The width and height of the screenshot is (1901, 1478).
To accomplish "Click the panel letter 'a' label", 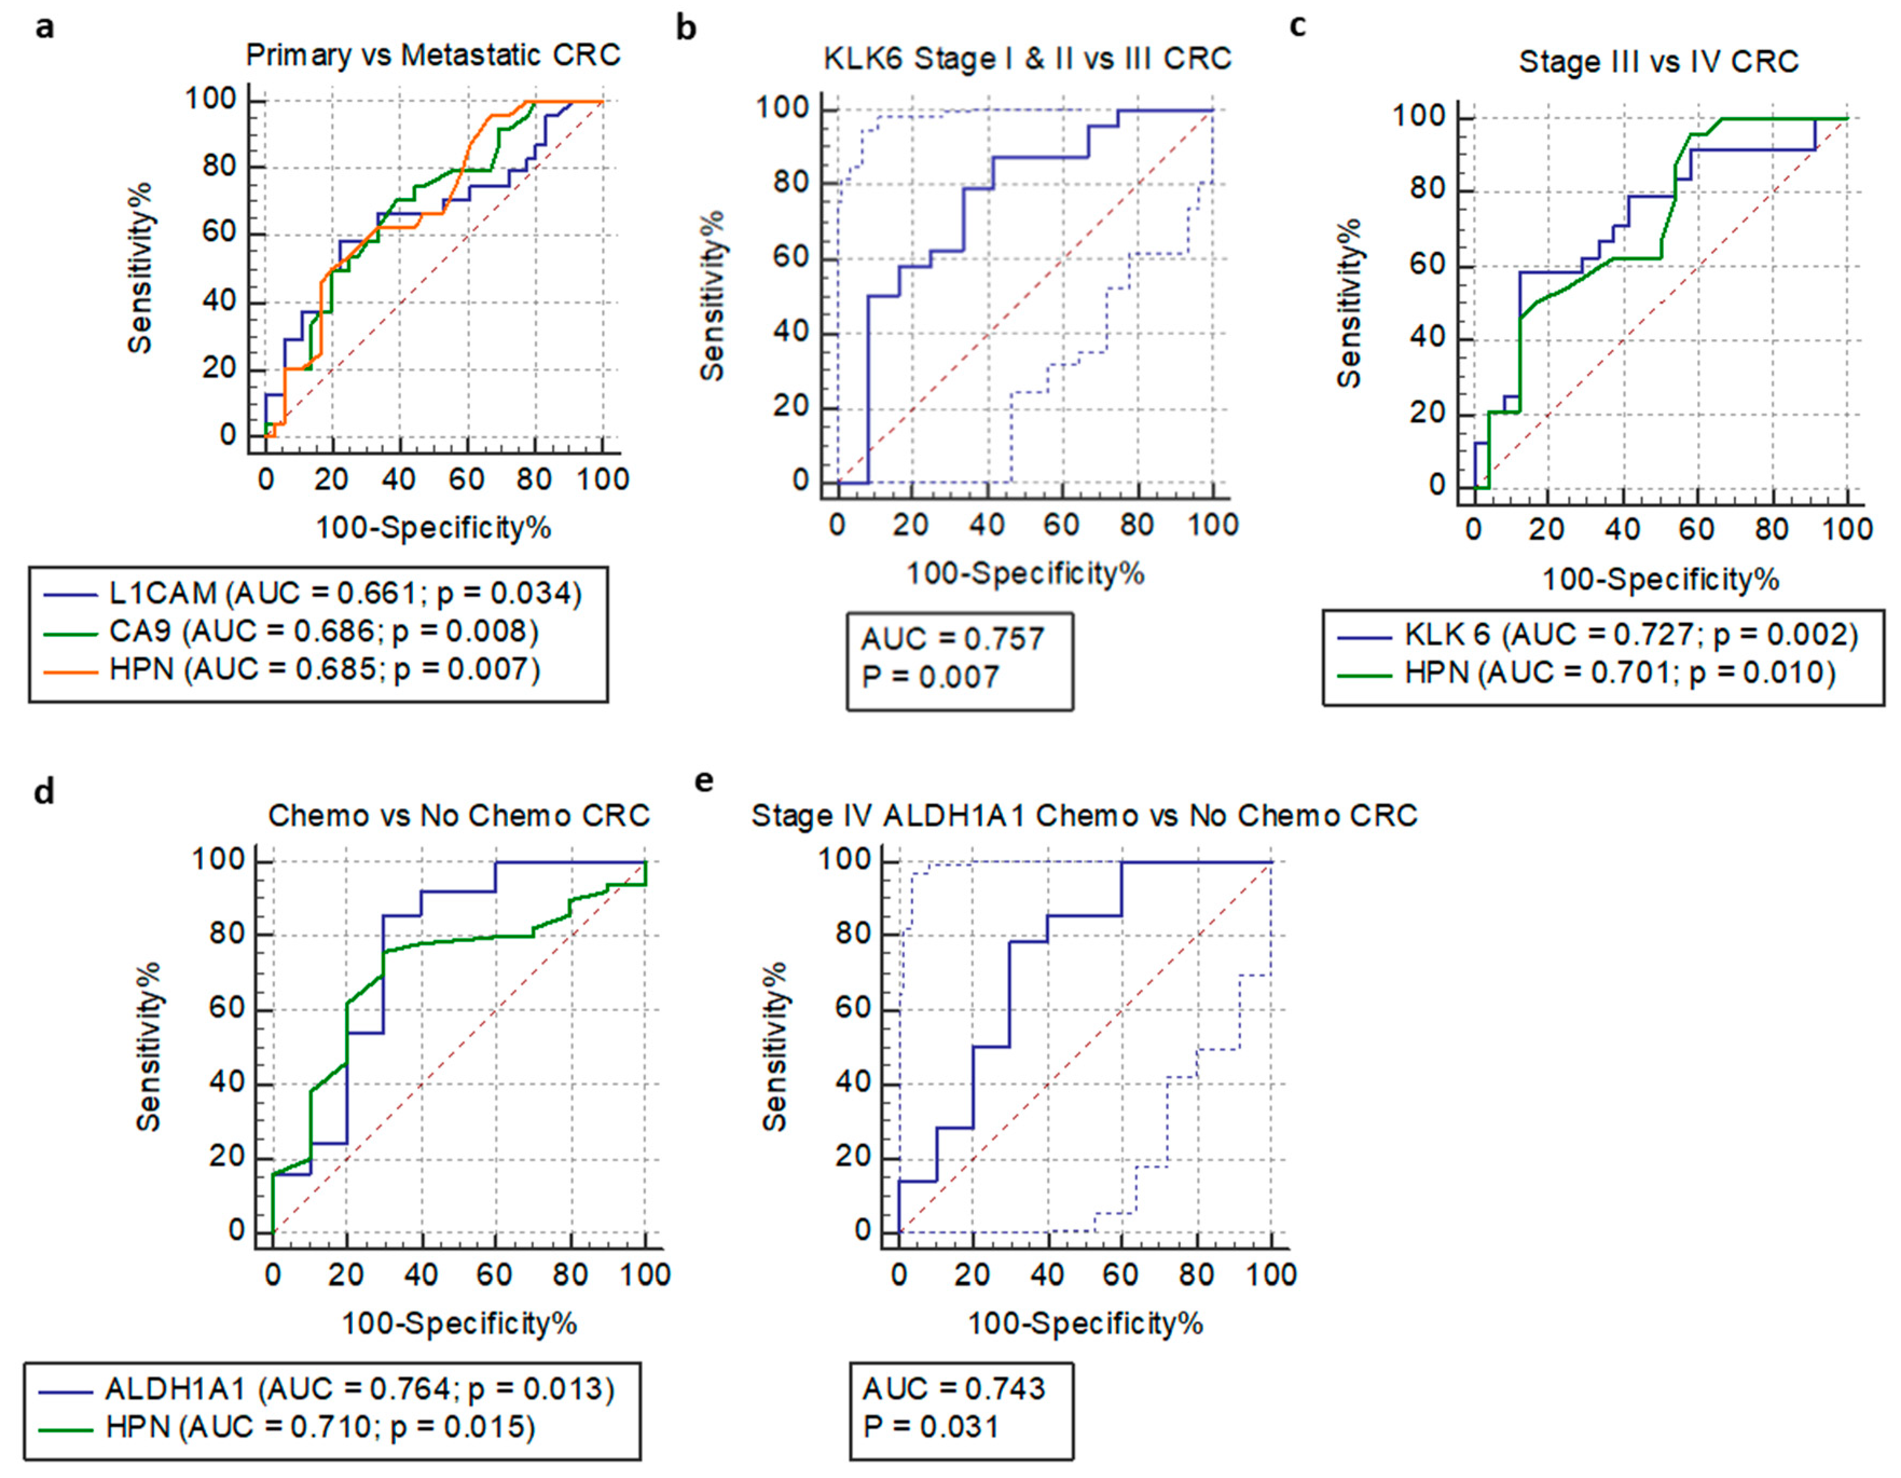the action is tap(44, 28).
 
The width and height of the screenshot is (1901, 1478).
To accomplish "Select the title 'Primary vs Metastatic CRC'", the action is tap(432, 55).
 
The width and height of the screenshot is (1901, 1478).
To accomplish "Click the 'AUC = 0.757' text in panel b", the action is tap(952, 640).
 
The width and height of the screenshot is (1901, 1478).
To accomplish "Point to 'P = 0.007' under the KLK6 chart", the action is tap(929, 677).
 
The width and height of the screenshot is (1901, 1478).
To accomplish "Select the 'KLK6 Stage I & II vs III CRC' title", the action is tap(1027, 59).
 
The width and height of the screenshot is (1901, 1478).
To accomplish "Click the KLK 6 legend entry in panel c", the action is tap(1597, 635).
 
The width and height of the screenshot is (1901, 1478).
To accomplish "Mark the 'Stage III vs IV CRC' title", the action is tap(1658, 62).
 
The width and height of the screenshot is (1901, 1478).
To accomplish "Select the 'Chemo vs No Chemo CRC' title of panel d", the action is tap(459, 816).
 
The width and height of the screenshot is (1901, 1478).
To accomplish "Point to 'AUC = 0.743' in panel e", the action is tap(953, 1388).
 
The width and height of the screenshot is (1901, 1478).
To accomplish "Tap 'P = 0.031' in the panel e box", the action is tap(931, 1427).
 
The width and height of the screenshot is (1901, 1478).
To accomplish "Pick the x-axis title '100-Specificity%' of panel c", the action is tap(1660, 580).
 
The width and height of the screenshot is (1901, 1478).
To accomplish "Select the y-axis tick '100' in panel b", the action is tap(784, 109).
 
